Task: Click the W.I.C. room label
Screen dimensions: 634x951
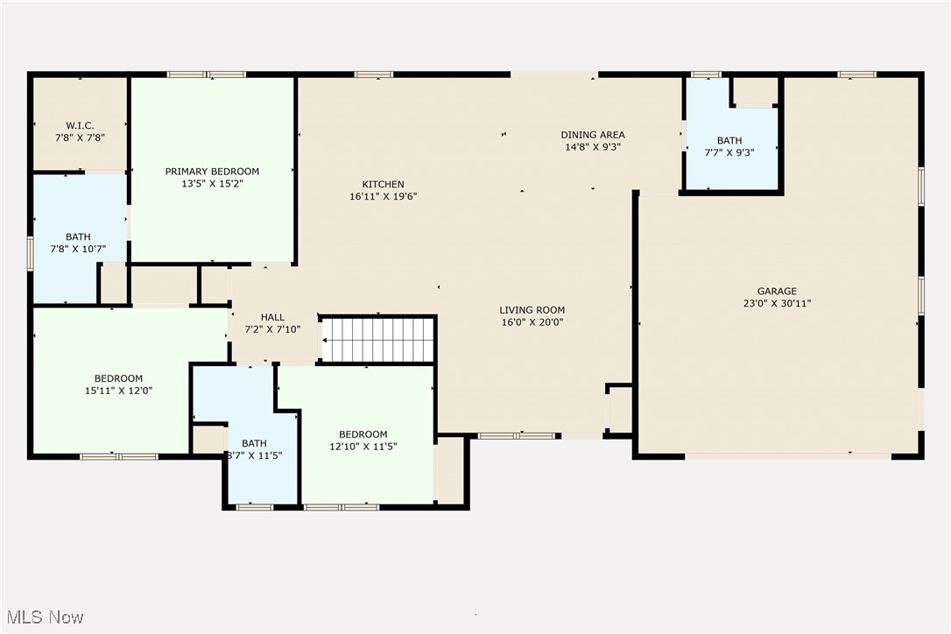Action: coord(80,125)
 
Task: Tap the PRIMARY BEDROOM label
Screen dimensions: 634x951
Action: coord(212,172)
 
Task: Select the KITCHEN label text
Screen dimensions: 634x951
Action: coord(384,184)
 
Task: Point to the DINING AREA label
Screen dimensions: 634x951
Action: coord(593,135)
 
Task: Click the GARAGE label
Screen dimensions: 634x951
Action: coord(777,292)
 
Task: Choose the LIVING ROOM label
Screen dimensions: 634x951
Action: coord(532,310)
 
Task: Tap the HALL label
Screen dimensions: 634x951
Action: coord(272,317)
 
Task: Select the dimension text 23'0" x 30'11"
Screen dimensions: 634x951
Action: coord(777,304)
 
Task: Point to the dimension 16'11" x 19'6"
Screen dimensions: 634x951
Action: coord(384,196)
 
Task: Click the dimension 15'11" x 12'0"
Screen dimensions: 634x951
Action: coord(119,391)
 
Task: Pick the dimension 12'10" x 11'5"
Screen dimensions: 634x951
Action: coord(363,447)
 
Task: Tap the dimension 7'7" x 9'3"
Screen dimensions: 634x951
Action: coord(729,152)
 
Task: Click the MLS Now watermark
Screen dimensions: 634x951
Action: coord(43,617)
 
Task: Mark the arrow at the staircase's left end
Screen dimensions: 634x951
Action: coord(326,340)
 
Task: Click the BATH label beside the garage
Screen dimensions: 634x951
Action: coord(729,140)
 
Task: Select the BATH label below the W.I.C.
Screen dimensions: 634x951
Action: coord(78,236)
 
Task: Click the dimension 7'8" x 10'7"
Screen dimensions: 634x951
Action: coord(78,249)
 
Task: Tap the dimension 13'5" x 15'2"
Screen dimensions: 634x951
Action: coord(212,184)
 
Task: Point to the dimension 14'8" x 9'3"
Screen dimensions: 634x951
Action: coord(593,147)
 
